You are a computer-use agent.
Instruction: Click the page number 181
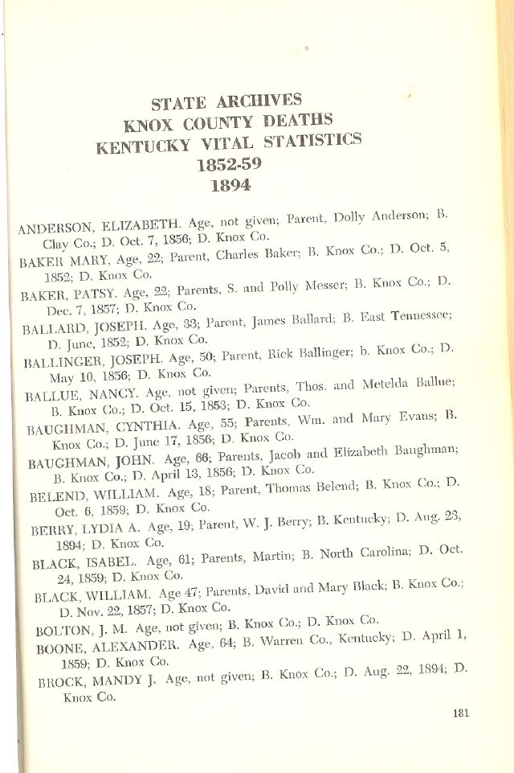[460, 711]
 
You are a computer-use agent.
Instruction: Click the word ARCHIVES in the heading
[259, 102]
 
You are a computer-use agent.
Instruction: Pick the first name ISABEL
[111, 565]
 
